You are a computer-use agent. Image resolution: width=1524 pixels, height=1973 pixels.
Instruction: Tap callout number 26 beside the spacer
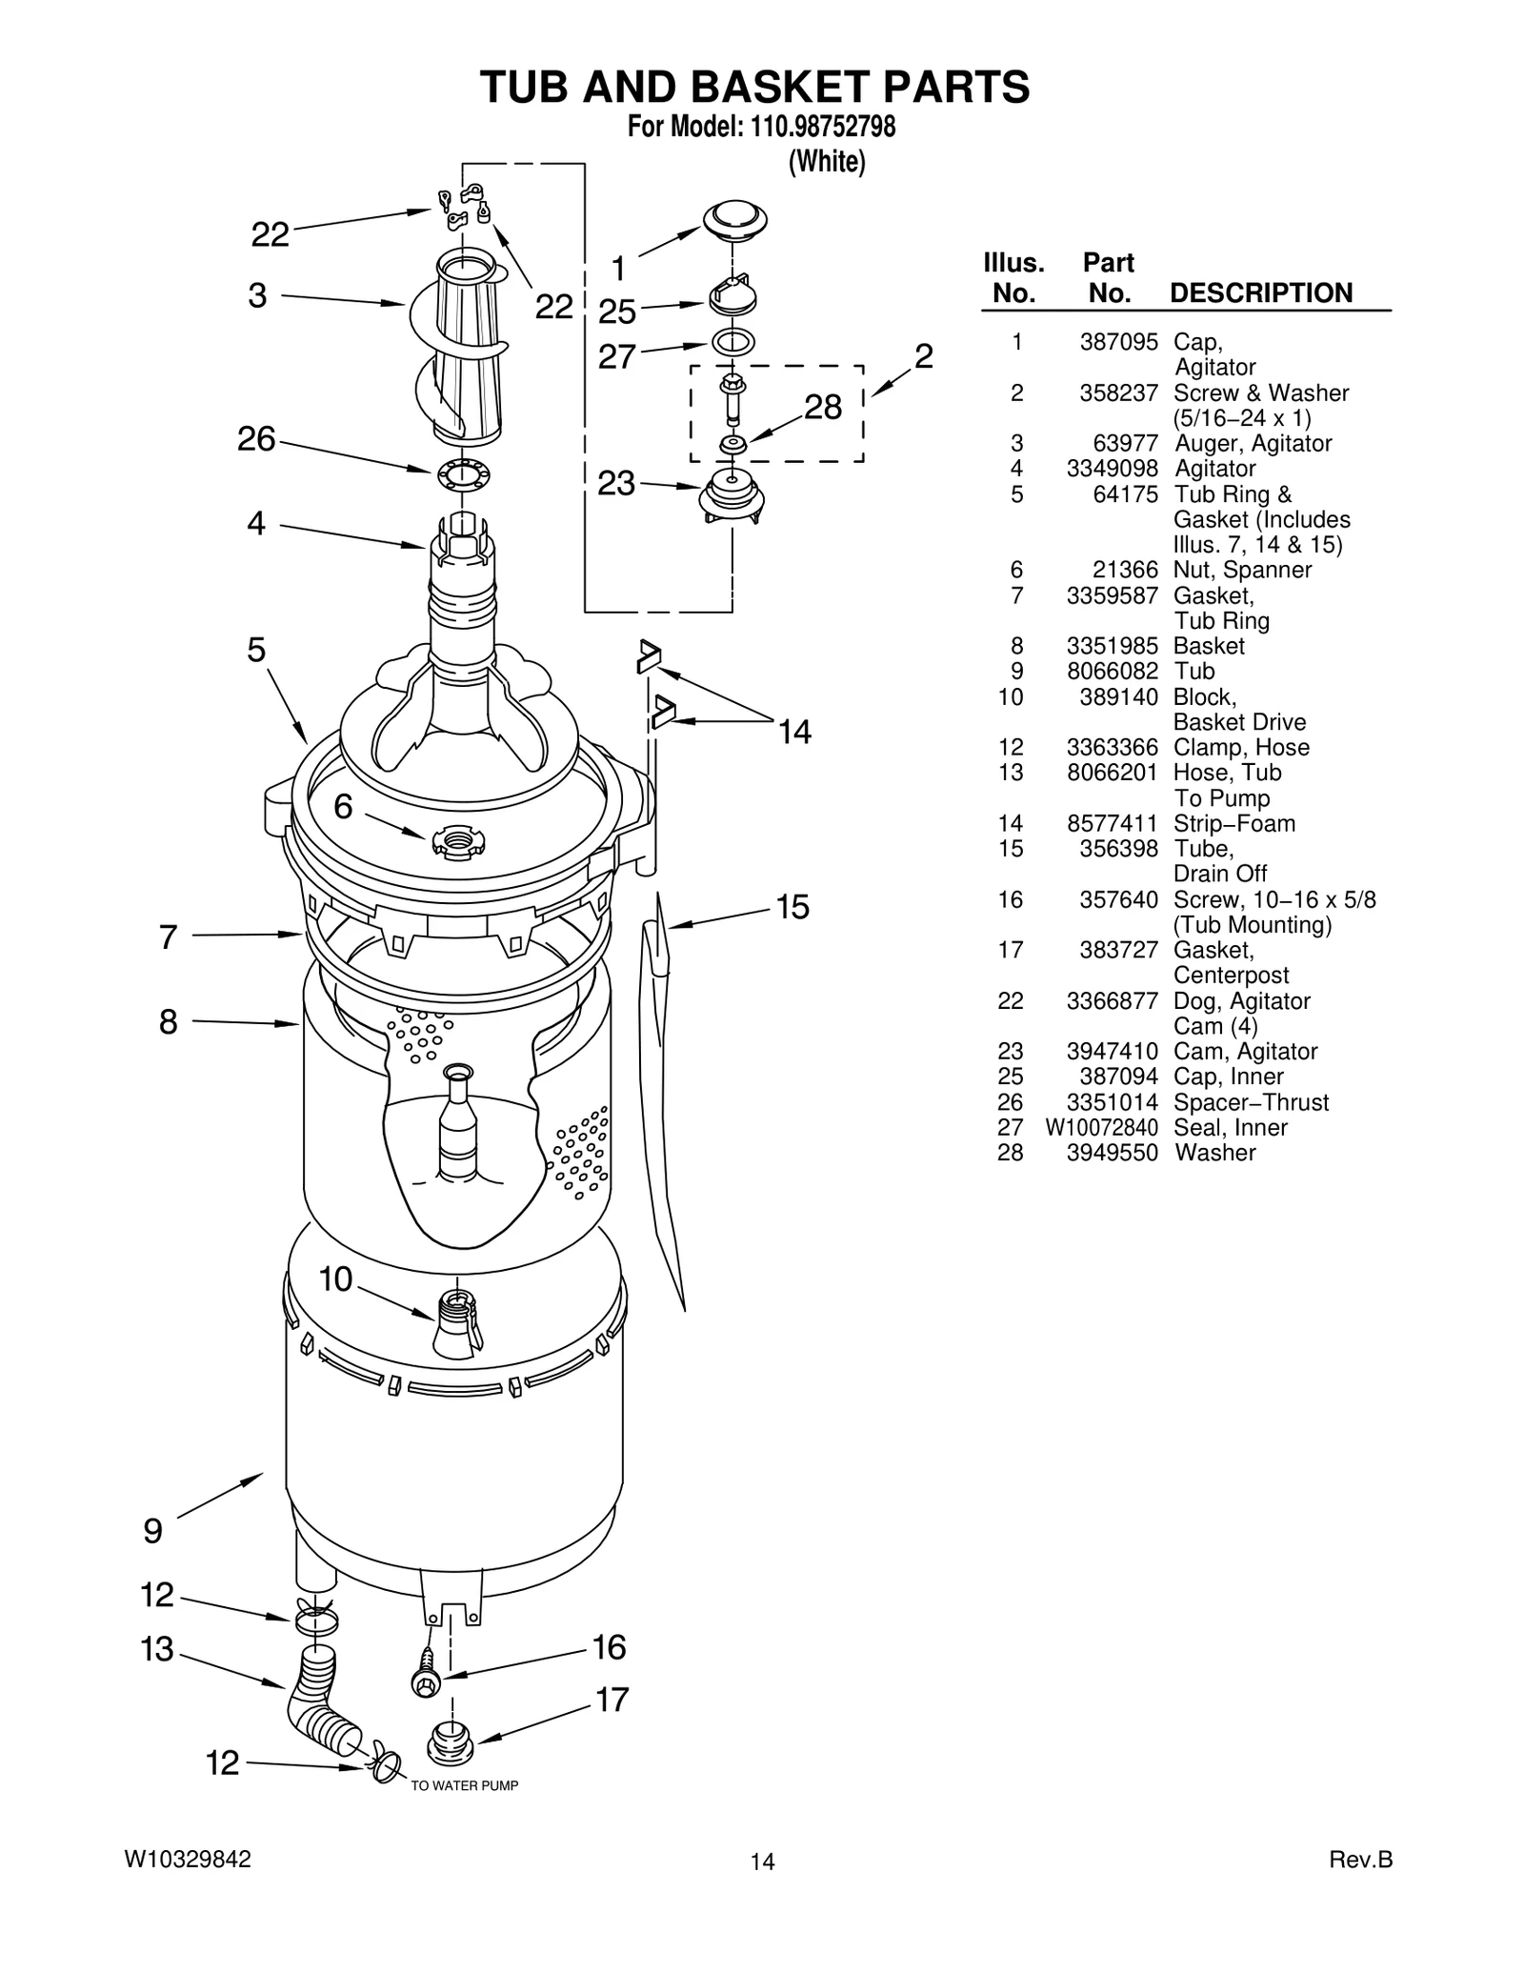256,439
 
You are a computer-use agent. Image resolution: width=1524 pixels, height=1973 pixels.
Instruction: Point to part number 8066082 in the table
1112,671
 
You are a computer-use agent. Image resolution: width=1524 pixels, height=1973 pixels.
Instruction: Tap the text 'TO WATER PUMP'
464,1786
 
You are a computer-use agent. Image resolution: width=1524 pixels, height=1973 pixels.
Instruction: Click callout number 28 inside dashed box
822,408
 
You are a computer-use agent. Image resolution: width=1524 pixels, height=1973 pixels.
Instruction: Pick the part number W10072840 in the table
1101,1128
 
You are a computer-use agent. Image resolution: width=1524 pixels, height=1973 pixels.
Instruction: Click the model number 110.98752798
816,127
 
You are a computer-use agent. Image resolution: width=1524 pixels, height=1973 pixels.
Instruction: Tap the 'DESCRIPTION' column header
1260,293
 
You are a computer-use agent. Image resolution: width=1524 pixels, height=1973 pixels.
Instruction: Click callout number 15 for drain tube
792,907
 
